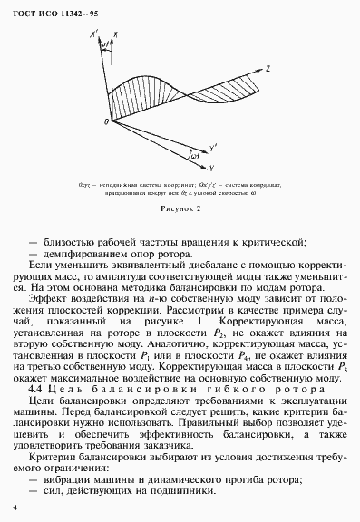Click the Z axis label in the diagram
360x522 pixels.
(268, 68)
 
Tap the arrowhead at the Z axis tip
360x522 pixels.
(259, 70)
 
